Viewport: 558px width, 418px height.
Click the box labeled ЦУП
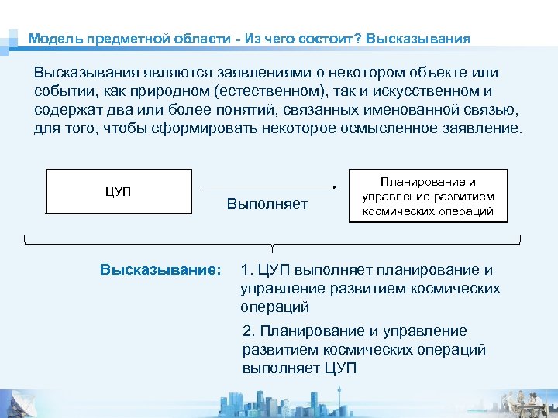click(x=119, y=191)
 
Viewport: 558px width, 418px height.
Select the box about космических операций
click(x=429, y=196)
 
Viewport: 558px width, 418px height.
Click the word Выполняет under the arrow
click(x=267, y=204)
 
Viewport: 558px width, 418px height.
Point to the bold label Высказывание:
click(x=160, y=270)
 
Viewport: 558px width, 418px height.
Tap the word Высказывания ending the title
click(x=418, y=38)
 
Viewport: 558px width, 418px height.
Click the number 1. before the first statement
click(x=247, y=270)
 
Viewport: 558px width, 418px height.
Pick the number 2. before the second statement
click(x=249, y=331)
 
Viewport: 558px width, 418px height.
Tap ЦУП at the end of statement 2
click(x=339, y=368)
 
